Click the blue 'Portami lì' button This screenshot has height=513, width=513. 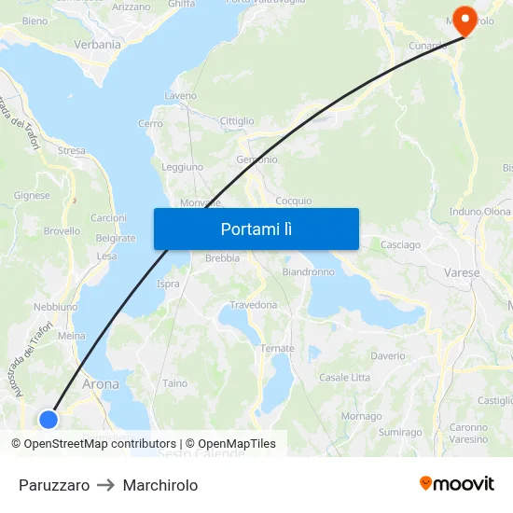point(256,229)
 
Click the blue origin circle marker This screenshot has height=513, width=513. point(49,419)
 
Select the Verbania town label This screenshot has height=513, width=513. point(97,44)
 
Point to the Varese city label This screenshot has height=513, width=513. point(462,273)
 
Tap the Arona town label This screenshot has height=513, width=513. point(101,383)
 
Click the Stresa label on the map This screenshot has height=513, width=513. point(71,150)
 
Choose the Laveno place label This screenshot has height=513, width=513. point(180,96)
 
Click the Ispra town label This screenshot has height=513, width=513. point(168,284)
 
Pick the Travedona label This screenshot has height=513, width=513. point(254,305)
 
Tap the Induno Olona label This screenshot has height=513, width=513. point(479,212)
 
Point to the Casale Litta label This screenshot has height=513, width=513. point(344,377)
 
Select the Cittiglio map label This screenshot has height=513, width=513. point(237,121)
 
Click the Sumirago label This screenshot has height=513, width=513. point(400,433)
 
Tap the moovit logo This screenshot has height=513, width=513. point(457,484)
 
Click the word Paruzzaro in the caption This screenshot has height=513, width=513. point(54,485)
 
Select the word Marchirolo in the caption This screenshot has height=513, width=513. point(160,485)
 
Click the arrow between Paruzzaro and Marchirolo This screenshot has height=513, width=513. point(106,485)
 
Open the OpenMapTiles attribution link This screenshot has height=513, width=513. point(230,444)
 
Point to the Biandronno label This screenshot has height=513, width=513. point(308,272)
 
